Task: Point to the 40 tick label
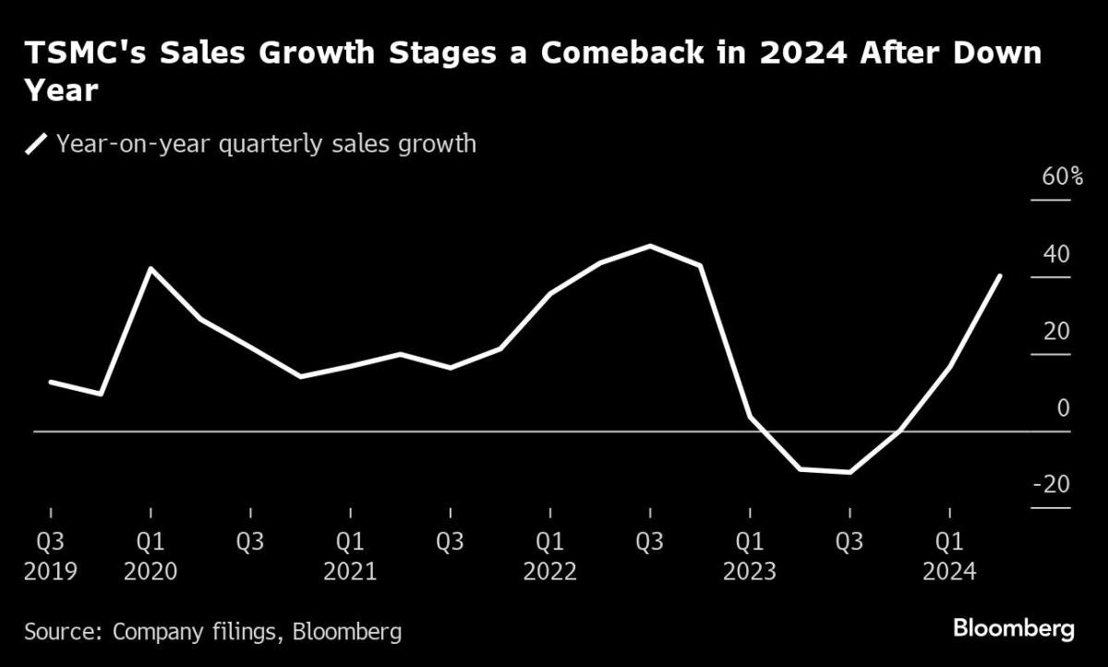1057,254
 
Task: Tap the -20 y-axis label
1052,484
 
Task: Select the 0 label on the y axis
1063,407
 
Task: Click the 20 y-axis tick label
1057,331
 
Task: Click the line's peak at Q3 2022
650,246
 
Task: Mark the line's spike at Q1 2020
151,269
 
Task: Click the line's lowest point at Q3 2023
849,472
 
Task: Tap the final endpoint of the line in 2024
1000,275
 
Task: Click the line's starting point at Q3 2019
51,382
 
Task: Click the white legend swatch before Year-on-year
37,144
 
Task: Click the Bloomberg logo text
1013,629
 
